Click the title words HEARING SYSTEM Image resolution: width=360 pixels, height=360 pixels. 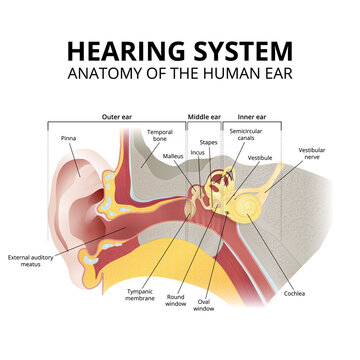click(x=180, y=50)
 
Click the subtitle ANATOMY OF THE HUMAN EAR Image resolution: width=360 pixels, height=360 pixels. click(x=180, y=74)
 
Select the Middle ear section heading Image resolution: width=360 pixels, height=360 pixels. click(x=204, y=116)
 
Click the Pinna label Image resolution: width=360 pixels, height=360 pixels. click(x=68, y=138)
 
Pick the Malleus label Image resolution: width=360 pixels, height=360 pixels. click(x=172, y=157)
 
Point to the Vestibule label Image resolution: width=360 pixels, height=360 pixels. click(x=260, y=158)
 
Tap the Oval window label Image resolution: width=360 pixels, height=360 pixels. click(x=204, y=305)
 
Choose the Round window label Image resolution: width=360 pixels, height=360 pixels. click(x=175, y=299)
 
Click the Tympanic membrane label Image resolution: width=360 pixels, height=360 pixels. click(x=139, y=295)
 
